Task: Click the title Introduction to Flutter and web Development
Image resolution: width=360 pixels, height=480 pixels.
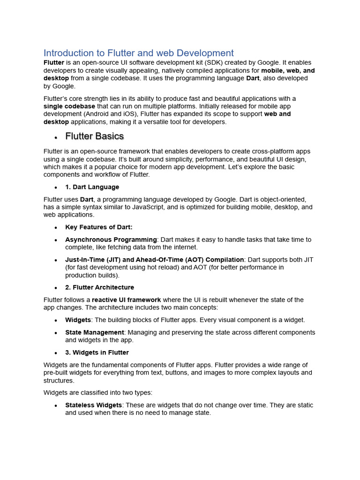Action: click(138, 53)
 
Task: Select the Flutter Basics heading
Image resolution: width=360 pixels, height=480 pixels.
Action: click(94, 136)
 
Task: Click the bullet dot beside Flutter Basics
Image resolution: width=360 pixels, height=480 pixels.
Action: click(55, 137)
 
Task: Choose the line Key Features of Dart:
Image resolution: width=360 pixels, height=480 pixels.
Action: click(99, 227)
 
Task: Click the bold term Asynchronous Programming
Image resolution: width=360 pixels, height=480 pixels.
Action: click(111, 240)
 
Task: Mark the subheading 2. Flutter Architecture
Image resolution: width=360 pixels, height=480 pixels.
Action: click(99, 287)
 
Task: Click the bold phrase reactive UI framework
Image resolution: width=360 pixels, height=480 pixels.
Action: click(126, 300)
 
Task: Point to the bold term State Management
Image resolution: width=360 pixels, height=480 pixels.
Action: click(94, 332)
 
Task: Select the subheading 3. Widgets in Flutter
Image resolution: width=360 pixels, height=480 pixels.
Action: click(97, 352)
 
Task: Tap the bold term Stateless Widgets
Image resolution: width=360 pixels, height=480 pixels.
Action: click(93, 405)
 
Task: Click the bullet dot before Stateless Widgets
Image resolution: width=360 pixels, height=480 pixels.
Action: click(55, 406)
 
